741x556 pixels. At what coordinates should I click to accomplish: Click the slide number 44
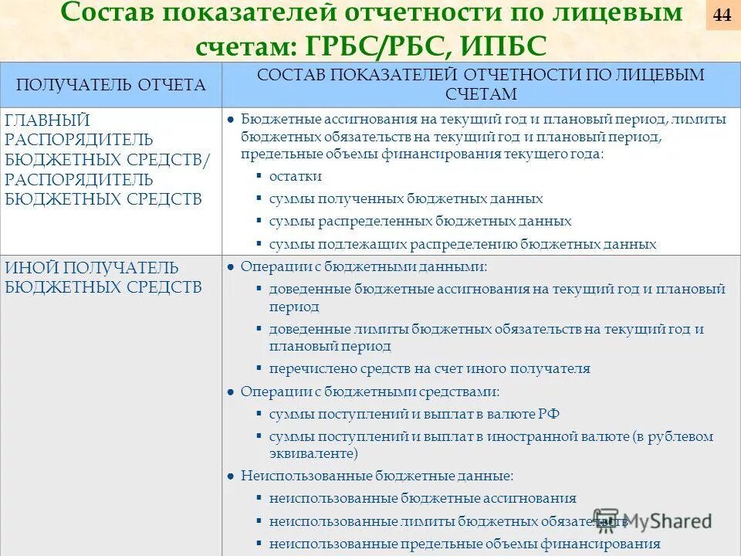(722, 15)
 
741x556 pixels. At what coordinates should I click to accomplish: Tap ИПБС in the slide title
(505, 48)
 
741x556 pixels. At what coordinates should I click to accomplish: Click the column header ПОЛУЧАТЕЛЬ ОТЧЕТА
(111, 85)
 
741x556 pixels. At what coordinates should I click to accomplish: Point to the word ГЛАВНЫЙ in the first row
(48, 120)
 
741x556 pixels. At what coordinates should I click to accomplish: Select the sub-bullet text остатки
(296, 176)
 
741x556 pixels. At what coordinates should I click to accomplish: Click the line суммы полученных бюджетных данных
(405, 198)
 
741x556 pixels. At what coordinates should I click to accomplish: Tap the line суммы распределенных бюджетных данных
(420, 221)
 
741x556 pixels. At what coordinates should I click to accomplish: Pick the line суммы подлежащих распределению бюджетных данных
(462, 244)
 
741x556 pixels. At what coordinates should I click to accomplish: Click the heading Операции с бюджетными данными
(364, 266)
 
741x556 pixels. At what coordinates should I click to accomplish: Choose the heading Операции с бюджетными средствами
(370, 392)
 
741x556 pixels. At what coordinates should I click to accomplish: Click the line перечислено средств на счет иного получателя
(429, 368)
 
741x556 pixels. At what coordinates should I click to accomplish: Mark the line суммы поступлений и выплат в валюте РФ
(414, 414)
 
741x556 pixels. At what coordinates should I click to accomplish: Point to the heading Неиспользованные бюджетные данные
(377, 476)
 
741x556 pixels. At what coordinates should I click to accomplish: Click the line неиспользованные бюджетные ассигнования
(422, 498)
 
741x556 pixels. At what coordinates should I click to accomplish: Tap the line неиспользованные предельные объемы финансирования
(465, 544)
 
